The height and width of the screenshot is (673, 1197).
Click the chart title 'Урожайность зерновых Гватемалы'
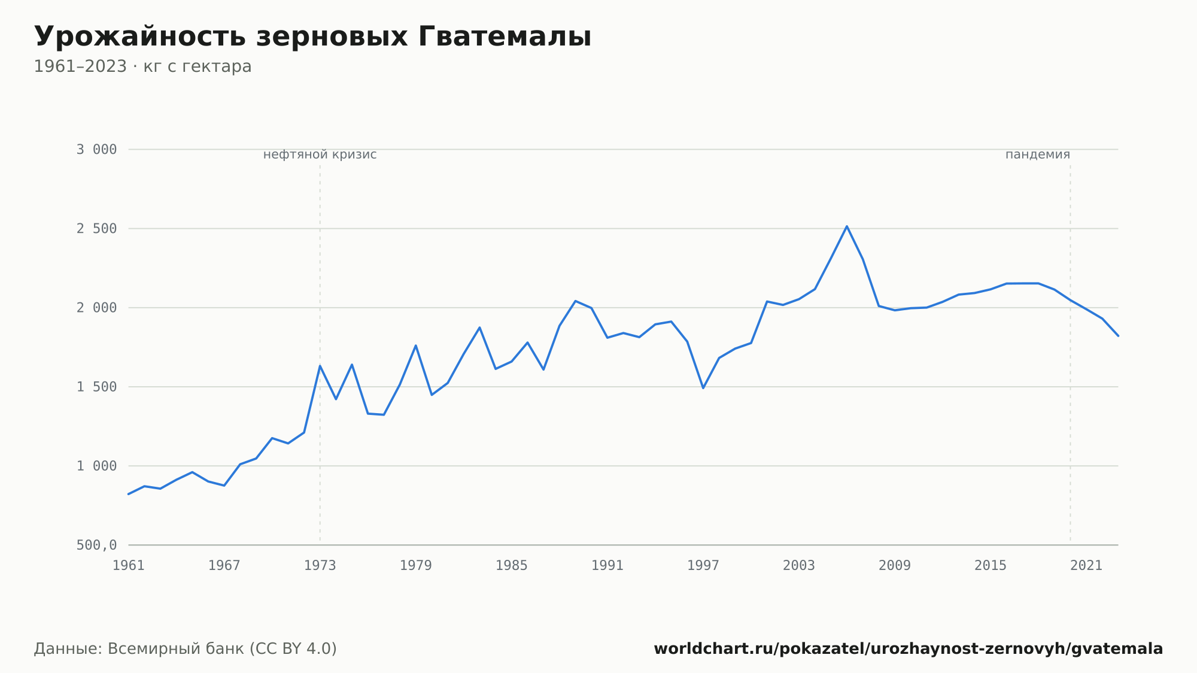[x=312, y=37]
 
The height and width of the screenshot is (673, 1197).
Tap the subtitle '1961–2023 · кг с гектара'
[x=142, y=66]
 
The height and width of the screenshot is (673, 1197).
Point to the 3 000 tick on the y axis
[x=96, y=150]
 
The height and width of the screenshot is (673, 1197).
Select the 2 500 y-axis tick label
[x=96, y=229]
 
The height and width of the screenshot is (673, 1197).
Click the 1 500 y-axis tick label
[x=96, y=387]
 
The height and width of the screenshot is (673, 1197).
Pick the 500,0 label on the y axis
[x=96, y=545]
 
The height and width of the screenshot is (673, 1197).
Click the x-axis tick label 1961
[x=129, y=566]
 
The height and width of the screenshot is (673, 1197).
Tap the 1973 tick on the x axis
[x=320, y=566]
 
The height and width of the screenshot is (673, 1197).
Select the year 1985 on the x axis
[x=512, y=566]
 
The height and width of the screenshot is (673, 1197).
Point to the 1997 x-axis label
[x=703, y=566]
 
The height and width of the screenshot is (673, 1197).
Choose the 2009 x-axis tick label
[x=895, y=566]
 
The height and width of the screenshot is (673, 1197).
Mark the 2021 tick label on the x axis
[x=1086, y=566]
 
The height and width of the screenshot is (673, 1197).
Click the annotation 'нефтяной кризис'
[x=320, y=154]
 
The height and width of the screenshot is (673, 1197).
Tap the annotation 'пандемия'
[x=1038, y=154]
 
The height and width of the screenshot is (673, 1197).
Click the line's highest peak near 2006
[x=847, y=226]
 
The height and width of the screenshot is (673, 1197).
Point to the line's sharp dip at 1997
[x=703, y=388]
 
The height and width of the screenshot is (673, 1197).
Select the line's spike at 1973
[x=320, y=366]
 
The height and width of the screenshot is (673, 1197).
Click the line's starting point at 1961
[x=129, y=494]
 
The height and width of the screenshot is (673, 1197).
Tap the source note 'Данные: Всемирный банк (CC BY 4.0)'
[x=186, y=648]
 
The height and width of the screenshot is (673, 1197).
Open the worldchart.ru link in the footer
[x=908, y=648]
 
